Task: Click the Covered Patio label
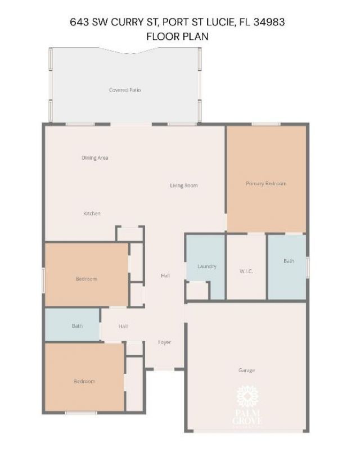[125, 90]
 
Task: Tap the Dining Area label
[94, 158]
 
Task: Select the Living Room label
[184, 186]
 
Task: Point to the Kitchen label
[92, 214]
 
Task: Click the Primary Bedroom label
[266, 183]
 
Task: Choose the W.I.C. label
[246, 272]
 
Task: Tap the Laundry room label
[207, 266]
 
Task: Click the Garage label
[246, 370]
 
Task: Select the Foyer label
[164, 342]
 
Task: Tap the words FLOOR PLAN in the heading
[177, 37]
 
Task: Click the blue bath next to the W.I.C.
[288, 261]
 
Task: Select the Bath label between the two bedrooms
[77, 326]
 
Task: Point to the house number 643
[79, 22]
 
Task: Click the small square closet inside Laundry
[197, 291]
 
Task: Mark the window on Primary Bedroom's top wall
[266, 124]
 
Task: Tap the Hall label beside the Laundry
[165, 276]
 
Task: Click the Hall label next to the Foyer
[123, 327]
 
